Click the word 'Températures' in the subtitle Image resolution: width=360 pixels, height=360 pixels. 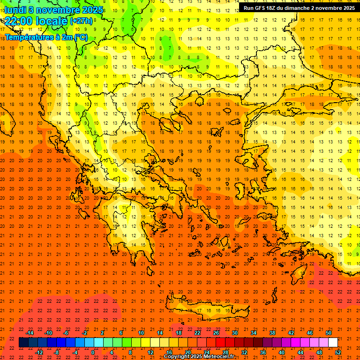click(29, 37)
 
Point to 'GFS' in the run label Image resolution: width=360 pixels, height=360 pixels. click(262, 8)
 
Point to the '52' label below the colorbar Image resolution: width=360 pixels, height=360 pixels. click(338, 352)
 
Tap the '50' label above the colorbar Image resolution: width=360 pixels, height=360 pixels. click(329, 333)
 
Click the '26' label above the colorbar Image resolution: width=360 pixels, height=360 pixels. click(216, 333)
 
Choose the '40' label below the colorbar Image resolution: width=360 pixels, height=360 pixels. click(282, 352)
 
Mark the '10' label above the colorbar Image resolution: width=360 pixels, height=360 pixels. click(141, 333)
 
